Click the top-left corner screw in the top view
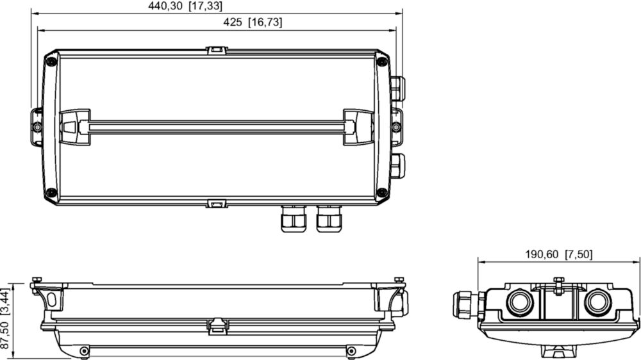(51, 61)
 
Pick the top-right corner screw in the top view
(382, 61)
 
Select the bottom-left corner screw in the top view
(51, 192)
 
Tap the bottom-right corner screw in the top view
(382, 192)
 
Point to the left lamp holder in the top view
(75, 127)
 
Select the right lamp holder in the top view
(358, 127)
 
